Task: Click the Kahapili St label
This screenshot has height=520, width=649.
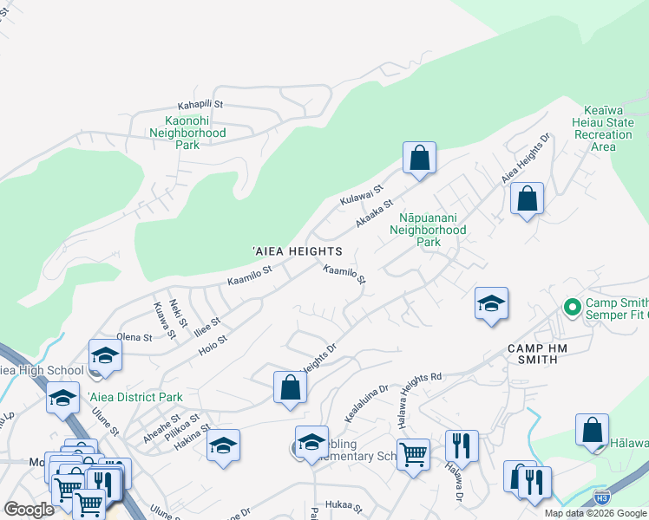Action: coord(200,104)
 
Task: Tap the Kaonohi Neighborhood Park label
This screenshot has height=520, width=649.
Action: coord(187,133)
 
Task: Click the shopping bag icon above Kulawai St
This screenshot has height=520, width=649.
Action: coord(419,159)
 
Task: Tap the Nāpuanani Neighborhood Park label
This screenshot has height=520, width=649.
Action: coord(428,230)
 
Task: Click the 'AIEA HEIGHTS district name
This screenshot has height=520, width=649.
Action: coord(297,250)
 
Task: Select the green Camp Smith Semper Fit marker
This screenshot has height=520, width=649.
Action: coord(572,308)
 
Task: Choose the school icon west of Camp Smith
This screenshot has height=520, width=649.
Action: coord(491,304)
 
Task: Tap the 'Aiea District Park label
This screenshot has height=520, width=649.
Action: coord(135,397)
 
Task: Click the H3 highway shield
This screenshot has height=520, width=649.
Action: coord(602,497)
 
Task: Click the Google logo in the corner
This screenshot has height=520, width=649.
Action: coord(29,510)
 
